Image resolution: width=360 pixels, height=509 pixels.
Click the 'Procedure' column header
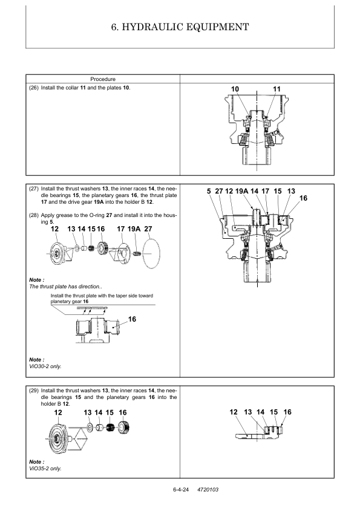[103, 79]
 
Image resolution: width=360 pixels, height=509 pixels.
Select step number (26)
[34, 88]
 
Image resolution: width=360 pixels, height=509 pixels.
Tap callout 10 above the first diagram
[235, 89]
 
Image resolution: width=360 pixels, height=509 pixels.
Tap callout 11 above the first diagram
[277, 89]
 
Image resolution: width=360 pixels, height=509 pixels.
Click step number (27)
[34, 189]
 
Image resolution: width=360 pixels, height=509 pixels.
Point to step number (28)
[34, 215]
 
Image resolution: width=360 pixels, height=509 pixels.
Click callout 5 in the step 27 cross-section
[209, 191]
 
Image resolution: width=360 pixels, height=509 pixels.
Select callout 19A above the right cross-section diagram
[241, 191]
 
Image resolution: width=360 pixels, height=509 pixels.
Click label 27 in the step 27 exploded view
[148, 229]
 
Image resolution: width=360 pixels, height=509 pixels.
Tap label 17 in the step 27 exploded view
[120, 229]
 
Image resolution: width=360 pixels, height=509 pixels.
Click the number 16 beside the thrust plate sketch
[132, 319]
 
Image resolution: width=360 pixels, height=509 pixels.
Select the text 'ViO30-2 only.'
[45, 366]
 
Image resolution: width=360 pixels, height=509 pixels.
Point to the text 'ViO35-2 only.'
[45, 468]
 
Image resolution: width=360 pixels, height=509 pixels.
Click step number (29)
[34, 391]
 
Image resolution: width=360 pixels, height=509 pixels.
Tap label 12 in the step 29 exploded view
[58, 413]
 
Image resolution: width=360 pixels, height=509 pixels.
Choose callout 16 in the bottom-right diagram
[287, 412]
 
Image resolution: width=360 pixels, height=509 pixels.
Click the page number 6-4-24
[181, 490]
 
